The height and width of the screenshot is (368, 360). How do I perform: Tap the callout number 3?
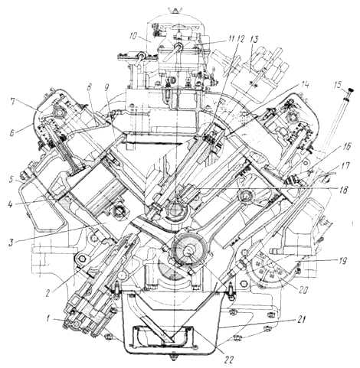point(11,243)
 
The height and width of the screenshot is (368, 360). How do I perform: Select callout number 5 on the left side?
point(11,180)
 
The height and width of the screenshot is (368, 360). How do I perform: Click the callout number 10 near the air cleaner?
point(133,36)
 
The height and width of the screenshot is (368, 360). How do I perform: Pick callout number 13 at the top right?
point(254,39)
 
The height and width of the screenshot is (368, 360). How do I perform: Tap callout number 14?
point(305,85)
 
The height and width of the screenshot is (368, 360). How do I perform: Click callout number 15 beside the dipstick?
point(339,85)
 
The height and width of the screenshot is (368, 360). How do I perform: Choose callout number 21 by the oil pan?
point(300,320)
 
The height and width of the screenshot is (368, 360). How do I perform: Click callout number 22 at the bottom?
point(228,360)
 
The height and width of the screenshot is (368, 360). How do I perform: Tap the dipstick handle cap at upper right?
point(352,90)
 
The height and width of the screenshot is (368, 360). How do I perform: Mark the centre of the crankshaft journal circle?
point(189,250)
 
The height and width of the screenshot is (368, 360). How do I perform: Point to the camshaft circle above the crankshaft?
point(175,209)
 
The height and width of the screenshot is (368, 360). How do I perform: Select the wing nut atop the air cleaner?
point(175,11)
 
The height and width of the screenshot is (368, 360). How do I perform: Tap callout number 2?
point(47,293)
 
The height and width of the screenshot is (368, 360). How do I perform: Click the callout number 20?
point(304,290)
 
